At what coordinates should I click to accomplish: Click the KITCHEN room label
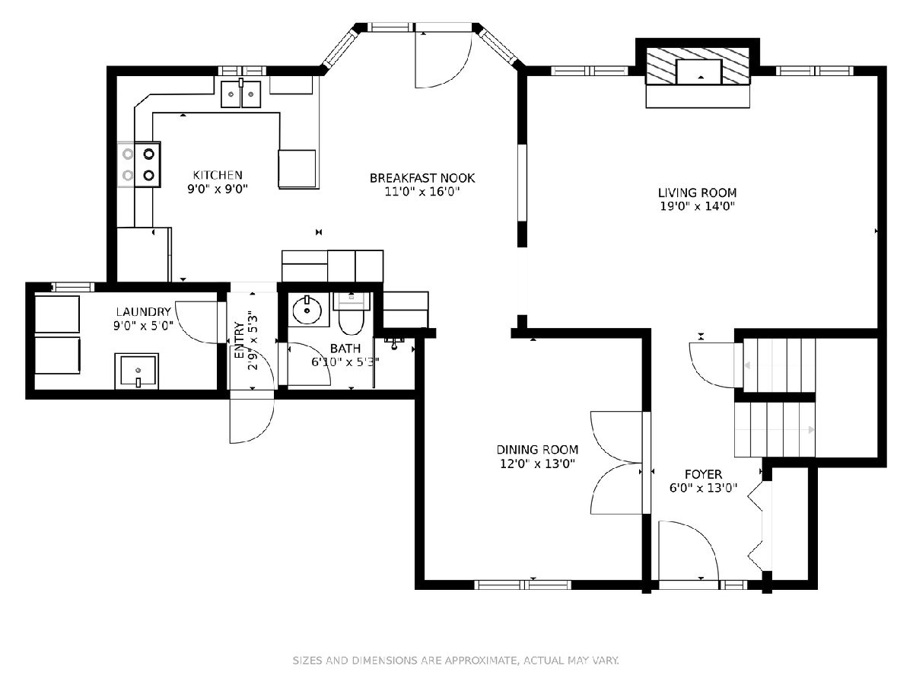(x=218, y=175)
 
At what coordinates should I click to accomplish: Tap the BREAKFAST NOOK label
(x=422, y=178)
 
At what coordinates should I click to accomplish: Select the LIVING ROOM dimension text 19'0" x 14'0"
(x=698, y=206)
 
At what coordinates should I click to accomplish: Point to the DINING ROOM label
(x=537, y=450)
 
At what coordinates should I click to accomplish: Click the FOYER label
(x=703, y=474)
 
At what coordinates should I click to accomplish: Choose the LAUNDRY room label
(x=144, y=311)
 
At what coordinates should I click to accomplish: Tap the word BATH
(x=345, y=349)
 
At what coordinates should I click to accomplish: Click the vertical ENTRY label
(x=240, y=340)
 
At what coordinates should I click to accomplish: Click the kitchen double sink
(x=241, y=93)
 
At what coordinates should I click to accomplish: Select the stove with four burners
(x=139, y=164)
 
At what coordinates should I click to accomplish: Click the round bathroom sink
(x=307, y=311)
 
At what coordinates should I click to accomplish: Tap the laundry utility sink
(x=137, y=371)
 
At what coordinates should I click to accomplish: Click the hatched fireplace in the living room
(x=698, y=65)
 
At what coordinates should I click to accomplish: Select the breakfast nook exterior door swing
(x=444, y=59)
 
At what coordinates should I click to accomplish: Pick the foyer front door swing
(x=689, y=550)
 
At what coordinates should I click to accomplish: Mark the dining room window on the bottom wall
(x=523, y=585)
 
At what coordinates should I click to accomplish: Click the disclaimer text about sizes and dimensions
(x=456, y=661)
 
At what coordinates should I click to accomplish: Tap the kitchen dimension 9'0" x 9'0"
(x=218, y=190)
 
